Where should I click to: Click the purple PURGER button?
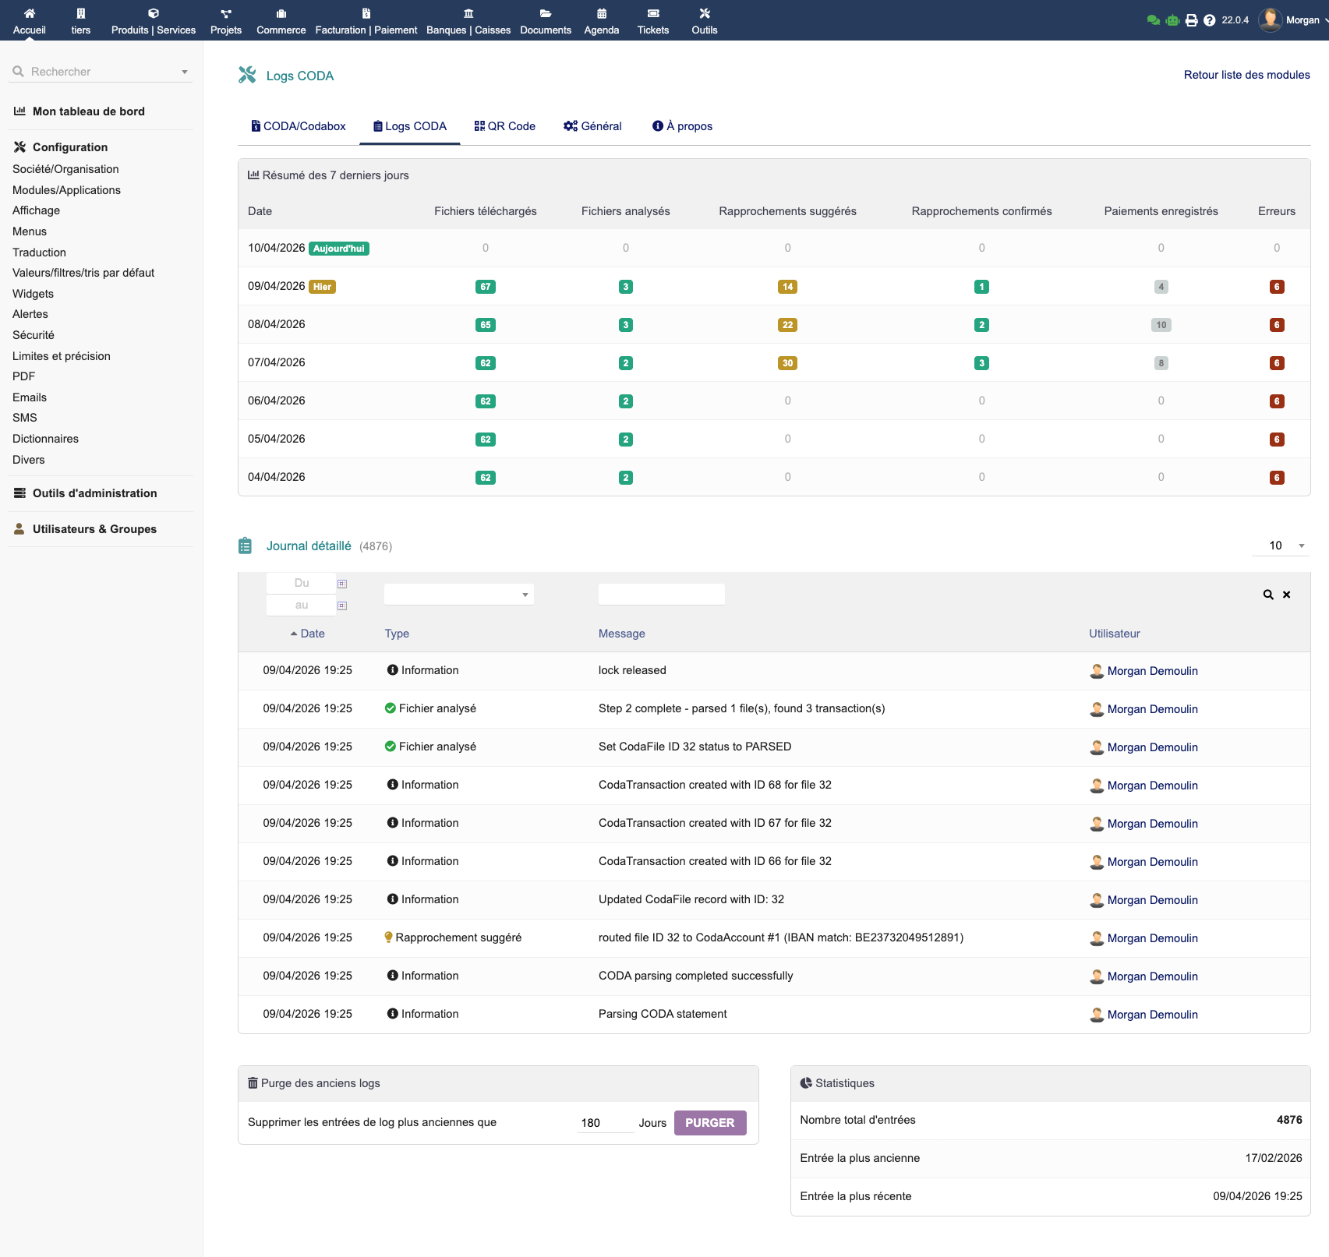click(x=709, y=1122)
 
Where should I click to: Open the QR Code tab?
click(x=504, y=126)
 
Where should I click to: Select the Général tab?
click(x=592, y=126)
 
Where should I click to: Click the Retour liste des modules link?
click(x=1246, y=75)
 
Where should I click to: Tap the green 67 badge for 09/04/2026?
click(x=485, y=287)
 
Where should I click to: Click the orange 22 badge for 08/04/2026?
click(x=787, y=325)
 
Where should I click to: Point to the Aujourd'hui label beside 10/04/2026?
click(x=339, y=249)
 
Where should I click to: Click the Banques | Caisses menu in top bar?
click(x=468, y=21)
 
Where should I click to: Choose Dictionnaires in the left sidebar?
click(x=45, y=439)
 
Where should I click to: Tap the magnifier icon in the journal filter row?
click(x=1268, y=595)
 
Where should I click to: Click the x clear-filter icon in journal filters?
click(x=1287, y=595)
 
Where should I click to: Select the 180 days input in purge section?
click(x=603, y=1123)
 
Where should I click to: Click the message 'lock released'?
click(x=632, y=670)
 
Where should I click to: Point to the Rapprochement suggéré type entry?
click(x=458, y=937)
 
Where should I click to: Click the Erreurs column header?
click(x=1276, y=211)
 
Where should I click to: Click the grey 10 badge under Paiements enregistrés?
click(x=1161, y=325)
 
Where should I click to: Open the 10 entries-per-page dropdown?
click(x=1281, y=546)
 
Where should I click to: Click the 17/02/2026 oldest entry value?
click(x=1273, y=1158)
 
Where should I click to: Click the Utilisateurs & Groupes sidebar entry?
click(x=94, y=529)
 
